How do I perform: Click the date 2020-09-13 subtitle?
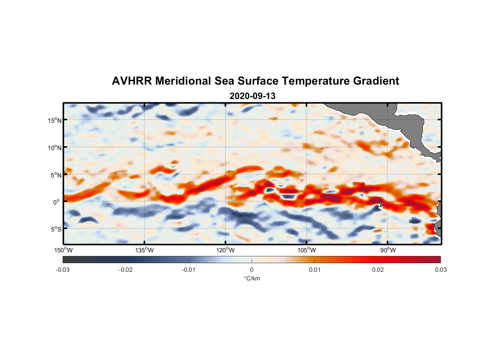[252, 96]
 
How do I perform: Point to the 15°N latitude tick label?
[54, 120]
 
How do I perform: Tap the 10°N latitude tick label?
[54, 148]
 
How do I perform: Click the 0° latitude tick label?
[57, 202]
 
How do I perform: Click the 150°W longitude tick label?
[64, 250]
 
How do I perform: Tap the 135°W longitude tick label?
[145, 250]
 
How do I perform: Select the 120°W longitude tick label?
[226, 250]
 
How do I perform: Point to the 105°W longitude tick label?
[307, 250]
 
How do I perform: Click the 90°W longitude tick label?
[388, 250]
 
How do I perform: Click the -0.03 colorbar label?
[63, 270]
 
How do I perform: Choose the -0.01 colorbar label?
[189, 270]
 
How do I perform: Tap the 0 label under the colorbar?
[252, 270]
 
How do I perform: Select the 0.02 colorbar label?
[378, 270]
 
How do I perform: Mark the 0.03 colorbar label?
[440, 270]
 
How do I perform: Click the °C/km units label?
[252, 278]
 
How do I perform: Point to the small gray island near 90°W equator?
[381, 204]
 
